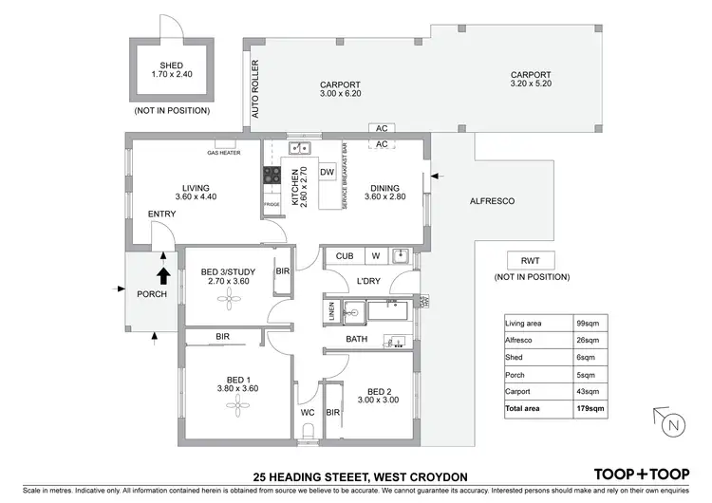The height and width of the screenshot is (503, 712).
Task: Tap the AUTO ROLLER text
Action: coord(254,89)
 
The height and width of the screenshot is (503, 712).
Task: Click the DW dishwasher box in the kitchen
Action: coord(326,172)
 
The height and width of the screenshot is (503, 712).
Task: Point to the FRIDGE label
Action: coord(272,205)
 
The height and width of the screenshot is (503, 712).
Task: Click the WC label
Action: coord(308,413)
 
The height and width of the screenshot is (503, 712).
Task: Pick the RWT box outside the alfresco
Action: coord(531,261)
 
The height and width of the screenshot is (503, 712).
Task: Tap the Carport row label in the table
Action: coord(521,391)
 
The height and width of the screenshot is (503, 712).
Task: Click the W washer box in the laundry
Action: coord(375,255)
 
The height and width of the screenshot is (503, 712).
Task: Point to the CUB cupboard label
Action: coord(345,255)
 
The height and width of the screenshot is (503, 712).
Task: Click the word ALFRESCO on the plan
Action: coord(492,201)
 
